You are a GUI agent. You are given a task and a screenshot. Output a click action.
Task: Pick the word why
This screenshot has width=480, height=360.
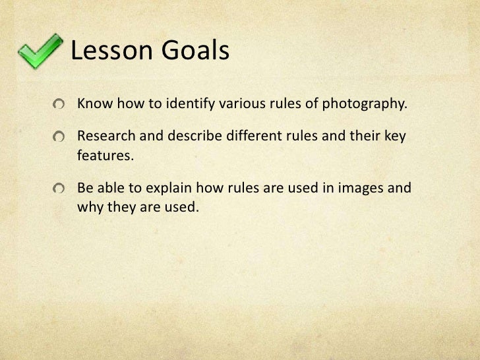pos(90,208)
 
